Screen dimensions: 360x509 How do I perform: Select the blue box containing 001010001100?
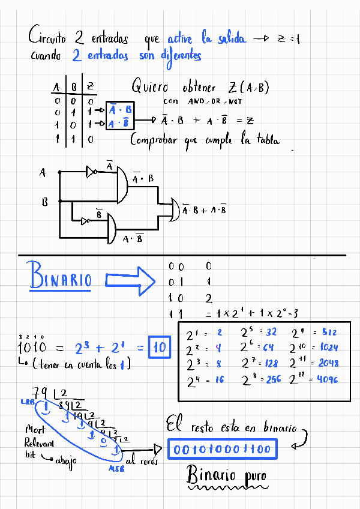tap(221, 449)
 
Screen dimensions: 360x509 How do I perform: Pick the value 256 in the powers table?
tap(272, 379)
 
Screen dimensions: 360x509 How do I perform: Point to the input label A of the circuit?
tap(43, 173)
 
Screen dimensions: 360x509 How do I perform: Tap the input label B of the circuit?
tap(44, 202)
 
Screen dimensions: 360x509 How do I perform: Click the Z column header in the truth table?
tap(90, 88)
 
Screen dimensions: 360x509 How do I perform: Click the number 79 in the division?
tap(41, 393)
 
